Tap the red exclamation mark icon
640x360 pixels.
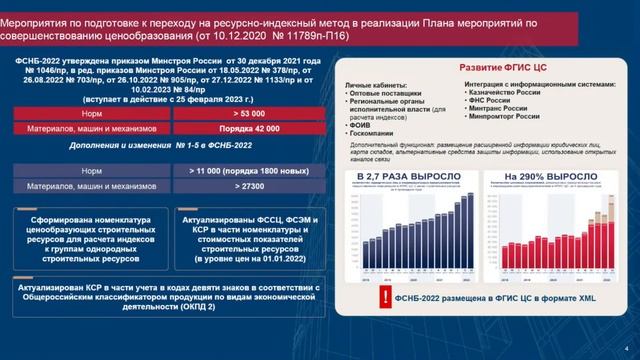(x=383, y=297)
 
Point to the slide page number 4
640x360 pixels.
(x=623, y=349)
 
